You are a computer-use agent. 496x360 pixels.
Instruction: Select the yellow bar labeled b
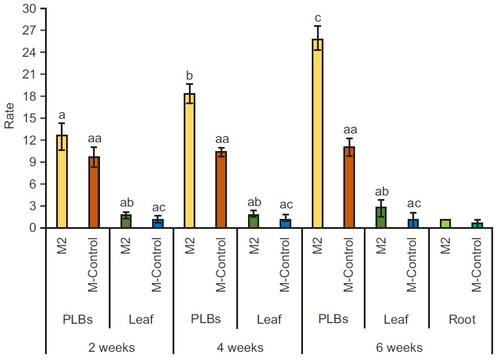[x=190, y=160]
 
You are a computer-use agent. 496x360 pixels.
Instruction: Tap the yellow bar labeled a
[x=62, y=181]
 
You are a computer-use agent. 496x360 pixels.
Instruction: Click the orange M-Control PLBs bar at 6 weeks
[x=349, y=187]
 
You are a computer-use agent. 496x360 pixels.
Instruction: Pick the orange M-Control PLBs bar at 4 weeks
[x=221, y=190]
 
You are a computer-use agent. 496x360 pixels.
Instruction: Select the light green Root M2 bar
[x=446, y=224]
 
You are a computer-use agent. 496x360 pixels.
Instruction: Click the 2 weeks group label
[x=110, y=348]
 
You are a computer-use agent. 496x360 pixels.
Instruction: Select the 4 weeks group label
[x=237, y=348]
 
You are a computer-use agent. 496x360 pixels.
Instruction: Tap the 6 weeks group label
[x=398, y=348]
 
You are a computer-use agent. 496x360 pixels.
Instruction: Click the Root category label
[x=461, y=320]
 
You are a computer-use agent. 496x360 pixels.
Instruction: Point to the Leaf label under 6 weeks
[x=397, y=320]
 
